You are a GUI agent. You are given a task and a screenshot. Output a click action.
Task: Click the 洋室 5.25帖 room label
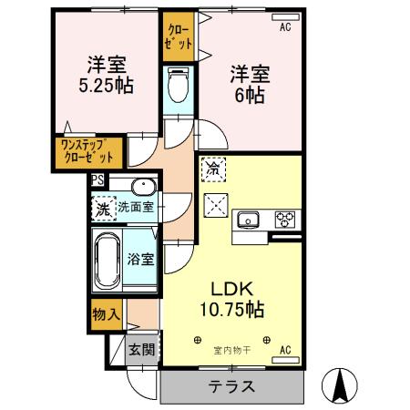107,74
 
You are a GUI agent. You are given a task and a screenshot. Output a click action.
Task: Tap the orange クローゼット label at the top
179,36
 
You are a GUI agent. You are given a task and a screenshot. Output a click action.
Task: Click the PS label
97,180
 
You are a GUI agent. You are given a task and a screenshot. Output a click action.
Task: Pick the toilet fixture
178,87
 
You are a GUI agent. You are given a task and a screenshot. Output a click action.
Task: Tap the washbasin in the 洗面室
143,189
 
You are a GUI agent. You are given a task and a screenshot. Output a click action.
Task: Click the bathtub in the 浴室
108,259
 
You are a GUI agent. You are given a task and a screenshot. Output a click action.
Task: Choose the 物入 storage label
107,314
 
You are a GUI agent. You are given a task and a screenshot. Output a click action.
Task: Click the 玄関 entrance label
140,348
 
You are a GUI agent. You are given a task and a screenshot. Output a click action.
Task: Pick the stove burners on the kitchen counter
284,220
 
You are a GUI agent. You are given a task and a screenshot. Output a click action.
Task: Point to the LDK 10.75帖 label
233,299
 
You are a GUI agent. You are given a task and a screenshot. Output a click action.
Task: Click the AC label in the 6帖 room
284,27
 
